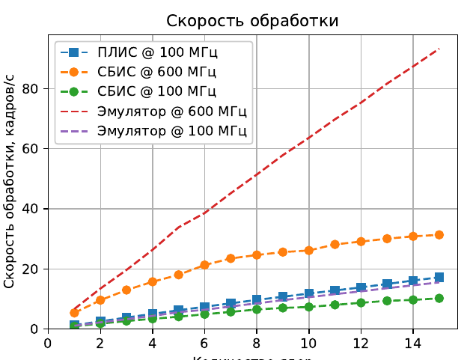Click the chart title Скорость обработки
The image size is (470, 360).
(x=252, y=21)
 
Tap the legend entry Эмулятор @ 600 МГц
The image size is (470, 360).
(x=172, y=112)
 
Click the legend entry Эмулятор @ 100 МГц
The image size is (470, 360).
(x=172, y=132)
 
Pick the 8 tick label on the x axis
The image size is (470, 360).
(x=257, y=344)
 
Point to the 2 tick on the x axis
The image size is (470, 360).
(x=100, y=344)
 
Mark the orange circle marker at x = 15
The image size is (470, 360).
(x=439, y=234)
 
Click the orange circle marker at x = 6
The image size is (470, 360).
(x=204, y=265)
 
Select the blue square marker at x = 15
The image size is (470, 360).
(x=439, y=277)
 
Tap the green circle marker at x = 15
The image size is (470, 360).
(x=439, y=298)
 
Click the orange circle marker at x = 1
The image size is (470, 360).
(x=74, y=313)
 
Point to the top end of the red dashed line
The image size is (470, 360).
(x=439, y=48)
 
